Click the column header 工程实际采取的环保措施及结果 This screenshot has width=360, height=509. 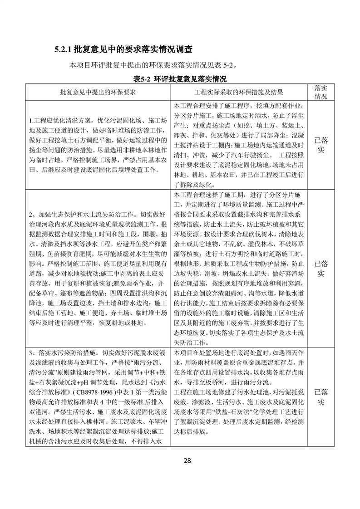tap(238, 92)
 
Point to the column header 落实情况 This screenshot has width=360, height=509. tap(321, 92)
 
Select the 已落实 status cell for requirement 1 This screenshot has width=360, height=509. tap(321, 145)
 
